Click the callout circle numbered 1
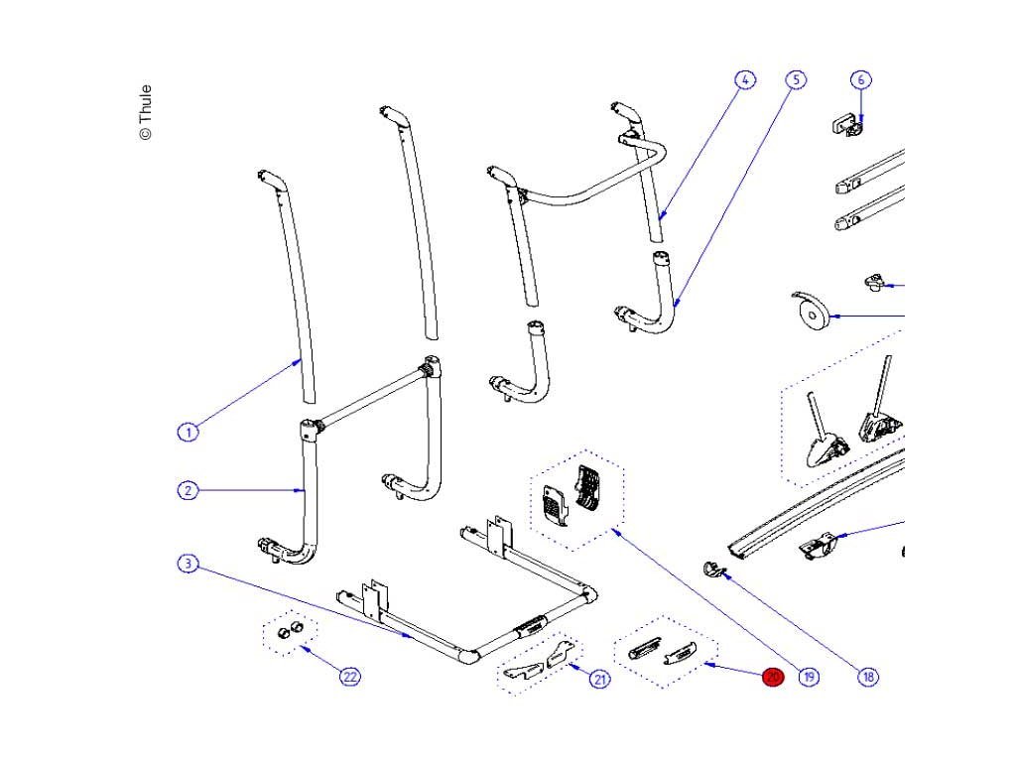(187, 432)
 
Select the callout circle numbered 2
(187, 490)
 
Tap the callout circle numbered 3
(187, 564)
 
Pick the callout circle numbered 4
(745, 79)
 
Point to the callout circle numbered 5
(795, 79)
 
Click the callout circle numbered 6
(860, 79)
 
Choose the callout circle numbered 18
(868, 678)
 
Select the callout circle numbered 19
(809, 678)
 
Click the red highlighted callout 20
(773, 678)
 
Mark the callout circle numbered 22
(349, 677)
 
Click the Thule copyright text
(146, 111)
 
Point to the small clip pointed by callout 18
(714, 569)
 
